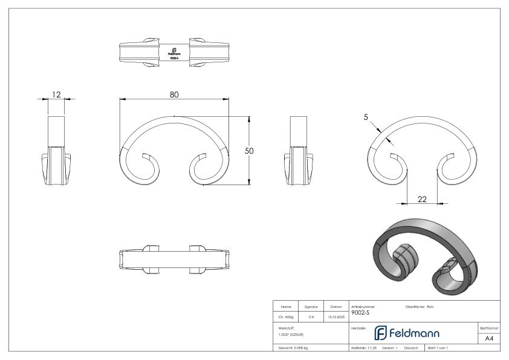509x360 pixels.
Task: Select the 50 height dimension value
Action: (x=248, y=151)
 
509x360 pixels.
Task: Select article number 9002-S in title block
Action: (x=360, y=313)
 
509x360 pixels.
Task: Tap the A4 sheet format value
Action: (x=490, y=338)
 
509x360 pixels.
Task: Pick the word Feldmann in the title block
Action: (x=421, y=333)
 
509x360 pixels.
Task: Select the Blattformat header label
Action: (x=490, y=327)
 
